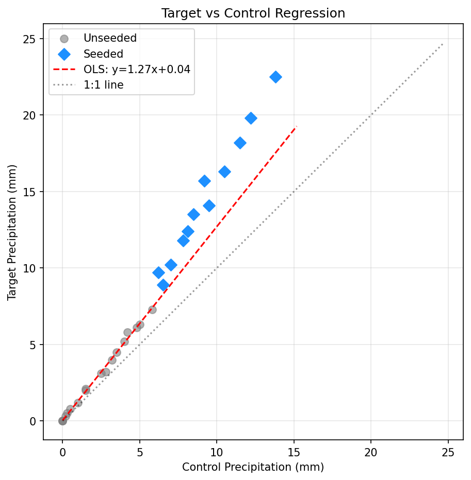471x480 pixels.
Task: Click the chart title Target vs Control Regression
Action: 253,13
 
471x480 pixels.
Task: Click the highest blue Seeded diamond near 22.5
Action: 275,77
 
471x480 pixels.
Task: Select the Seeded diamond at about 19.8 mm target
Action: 251,118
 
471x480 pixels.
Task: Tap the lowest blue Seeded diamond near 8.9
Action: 163,285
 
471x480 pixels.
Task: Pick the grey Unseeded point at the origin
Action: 62,421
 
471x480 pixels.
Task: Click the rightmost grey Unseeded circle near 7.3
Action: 152,310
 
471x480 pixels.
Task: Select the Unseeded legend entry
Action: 110,39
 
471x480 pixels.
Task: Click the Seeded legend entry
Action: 103,54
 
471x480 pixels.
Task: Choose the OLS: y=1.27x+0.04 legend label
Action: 137,70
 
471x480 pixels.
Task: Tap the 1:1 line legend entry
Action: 103,85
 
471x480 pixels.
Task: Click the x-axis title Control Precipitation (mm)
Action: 253,467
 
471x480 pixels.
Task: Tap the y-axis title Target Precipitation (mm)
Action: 12,232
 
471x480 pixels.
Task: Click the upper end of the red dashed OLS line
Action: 296,126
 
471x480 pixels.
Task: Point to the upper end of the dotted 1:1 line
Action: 443,44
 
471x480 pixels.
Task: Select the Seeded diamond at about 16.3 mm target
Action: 224,172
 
